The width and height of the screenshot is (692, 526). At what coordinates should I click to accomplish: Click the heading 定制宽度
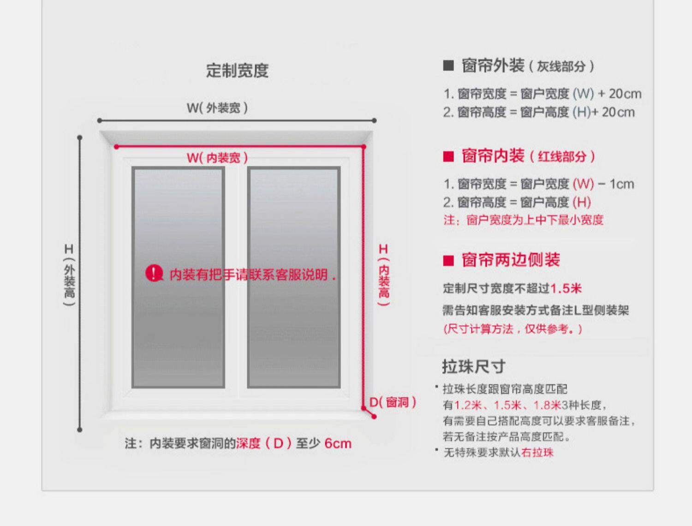pyautogui.click(x=237, y=71)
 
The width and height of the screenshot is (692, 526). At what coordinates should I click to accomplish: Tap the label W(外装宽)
pyautogui.click(x=217, y=108)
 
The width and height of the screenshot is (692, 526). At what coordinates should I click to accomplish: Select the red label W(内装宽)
pyautogui.click(x=217, y=158)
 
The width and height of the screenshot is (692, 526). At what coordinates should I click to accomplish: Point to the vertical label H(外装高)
pyautogui.click(x=69, y=275)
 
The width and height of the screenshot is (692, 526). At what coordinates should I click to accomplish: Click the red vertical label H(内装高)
pyautogui.click(x=384, y=275)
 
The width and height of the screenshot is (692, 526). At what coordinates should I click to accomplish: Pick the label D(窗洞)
pyautogui.click(x=393, y=402)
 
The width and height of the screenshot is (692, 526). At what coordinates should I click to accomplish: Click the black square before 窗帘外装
pyautogui.click(x=448, y=66)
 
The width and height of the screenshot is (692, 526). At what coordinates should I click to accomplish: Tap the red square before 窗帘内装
pyautogui.click(x=448, y=156)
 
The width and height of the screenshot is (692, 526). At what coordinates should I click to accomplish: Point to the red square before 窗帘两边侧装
pyautogui.click(x=448, y=261)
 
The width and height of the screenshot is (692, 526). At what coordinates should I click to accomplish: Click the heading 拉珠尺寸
pyautogui.click(x=473, y=366)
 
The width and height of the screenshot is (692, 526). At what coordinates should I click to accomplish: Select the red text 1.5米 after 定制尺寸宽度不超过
pyautogui.click(x=566, y=289)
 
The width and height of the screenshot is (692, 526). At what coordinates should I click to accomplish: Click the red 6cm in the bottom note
pyautogui.click(x=338, y=443)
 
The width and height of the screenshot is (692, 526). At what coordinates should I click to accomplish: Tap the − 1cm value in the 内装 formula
pyautogui.click(x=616, y=184)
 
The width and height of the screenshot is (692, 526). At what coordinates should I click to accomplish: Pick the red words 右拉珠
pyautogui.click(x=537, y=452)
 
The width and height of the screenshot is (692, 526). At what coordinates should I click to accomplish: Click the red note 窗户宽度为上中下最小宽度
pyautogui.click(x=535, y=220)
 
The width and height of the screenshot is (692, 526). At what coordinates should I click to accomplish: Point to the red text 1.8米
pyautogui.click(x=547, y=405)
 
